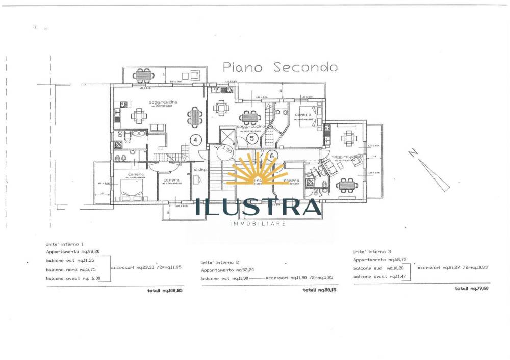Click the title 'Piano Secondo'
tap(280, 67)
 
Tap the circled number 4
tap(196, 139)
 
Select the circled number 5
tap(251, 137)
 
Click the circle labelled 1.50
tap(225, 152)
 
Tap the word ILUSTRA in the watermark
tap(258, 207)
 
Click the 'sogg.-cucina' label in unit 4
tap(163, 102)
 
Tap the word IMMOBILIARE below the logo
tap(258, 224)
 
